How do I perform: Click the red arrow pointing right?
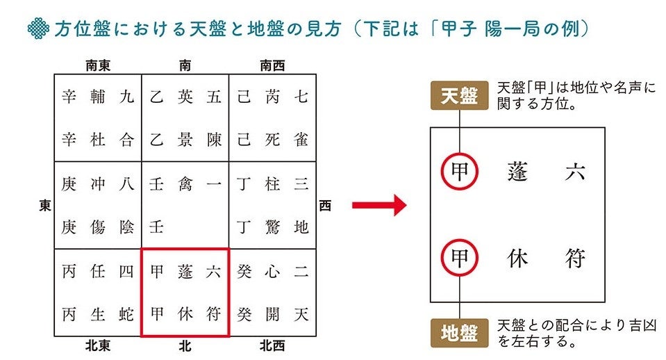[x=378, y=205]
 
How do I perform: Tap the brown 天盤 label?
[x=460, y=96]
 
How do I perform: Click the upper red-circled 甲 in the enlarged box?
[x=459, y=170]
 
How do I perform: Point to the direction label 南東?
[x=99, y=67]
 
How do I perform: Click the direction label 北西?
[x=272, y=345]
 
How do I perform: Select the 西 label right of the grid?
[x=325, y=205]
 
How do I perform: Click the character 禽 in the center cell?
[x=185, y=185]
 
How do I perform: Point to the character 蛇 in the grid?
[x=126, y=314]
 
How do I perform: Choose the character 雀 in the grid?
[x=301, y=139]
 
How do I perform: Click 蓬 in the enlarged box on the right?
[x=518, y=170]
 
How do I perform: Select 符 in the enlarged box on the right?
[x=575, y=259]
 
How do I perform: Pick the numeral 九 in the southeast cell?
[x=126, y=97]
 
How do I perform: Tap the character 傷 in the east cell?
[x=98, y=227]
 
